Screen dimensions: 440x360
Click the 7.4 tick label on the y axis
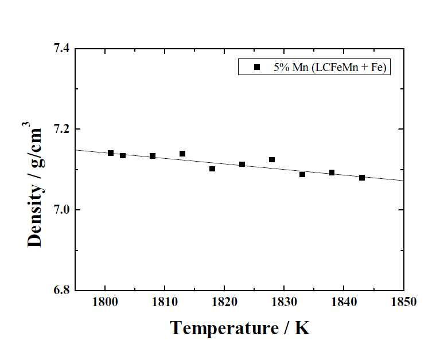61,48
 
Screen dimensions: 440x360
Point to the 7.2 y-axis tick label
61,129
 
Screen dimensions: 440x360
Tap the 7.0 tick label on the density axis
61,210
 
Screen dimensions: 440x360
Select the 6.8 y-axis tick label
61,290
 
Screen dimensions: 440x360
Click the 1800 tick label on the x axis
105,302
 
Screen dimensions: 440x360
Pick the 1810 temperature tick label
165,302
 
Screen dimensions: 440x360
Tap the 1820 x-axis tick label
224,302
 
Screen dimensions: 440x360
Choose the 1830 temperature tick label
285,302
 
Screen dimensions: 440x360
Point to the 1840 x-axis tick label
344,302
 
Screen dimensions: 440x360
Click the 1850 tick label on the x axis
404,302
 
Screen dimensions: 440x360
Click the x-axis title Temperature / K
240,328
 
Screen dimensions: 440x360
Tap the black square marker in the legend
257,67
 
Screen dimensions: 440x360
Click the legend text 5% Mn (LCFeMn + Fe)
330,67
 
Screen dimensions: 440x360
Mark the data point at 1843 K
362,178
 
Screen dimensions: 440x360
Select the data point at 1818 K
212,169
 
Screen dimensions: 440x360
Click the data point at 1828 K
272,160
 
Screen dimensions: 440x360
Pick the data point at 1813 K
182,154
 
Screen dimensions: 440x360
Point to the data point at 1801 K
111,153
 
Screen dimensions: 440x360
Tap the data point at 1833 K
302,175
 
